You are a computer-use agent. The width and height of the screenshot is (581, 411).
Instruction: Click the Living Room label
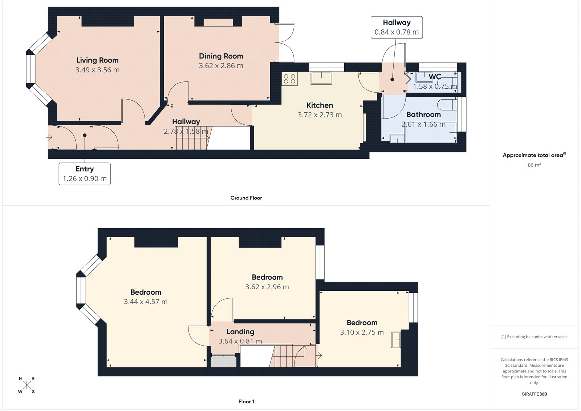click(x=97, y=60)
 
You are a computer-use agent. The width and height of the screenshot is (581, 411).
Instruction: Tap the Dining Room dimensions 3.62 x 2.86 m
click(x=221, y=66)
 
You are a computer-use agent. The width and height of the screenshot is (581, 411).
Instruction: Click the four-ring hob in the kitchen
click(x=289, y=79)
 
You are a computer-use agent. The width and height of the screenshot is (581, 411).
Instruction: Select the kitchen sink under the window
click(x=321, y=78)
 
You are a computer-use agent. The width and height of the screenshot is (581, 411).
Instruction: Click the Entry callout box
click(x=85, y=174)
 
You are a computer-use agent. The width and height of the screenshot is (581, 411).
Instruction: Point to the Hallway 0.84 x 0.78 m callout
click(x=397, y=27)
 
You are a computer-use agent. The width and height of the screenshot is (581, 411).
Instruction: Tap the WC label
click(x=435, y=77)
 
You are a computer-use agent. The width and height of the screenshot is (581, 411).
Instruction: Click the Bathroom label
click(x=423, y=114)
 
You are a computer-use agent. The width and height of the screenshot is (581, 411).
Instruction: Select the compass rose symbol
click(x=27, y=385)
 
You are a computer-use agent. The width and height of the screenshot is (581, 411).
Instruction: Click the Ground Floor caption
click(x=246, y=198)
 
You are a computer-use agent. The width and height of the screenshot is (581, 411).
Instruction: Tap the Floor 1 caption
click(x=246, y=402)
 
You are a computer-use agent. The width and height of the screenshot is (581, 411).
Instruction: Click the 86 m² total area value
click(x=534, y=165)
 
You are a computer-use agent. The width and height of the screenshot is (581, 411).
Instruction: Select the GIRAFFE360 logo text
click(x=534, y=394)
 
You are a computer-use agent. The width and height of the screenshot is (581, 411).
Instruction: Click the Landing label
click(x=240, y=332)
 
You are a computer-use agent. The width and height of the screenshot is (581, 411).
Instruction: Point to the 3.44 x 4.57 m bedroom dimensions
click(x=146, y=302)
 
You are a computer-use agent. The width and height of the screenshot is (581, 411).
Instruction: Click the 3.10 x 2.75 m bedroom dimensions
click(x=362, y=333)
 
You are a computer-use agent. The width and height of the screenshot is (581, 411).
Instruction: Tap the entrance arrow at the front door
click(x=49, y=137)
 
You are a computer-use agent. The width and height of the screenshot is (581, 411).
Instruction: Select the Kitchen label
click(x=320, y=105)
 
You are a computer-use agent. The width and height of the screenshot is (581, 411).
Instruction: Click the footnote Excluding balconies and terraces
click(x=534, y=337)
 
